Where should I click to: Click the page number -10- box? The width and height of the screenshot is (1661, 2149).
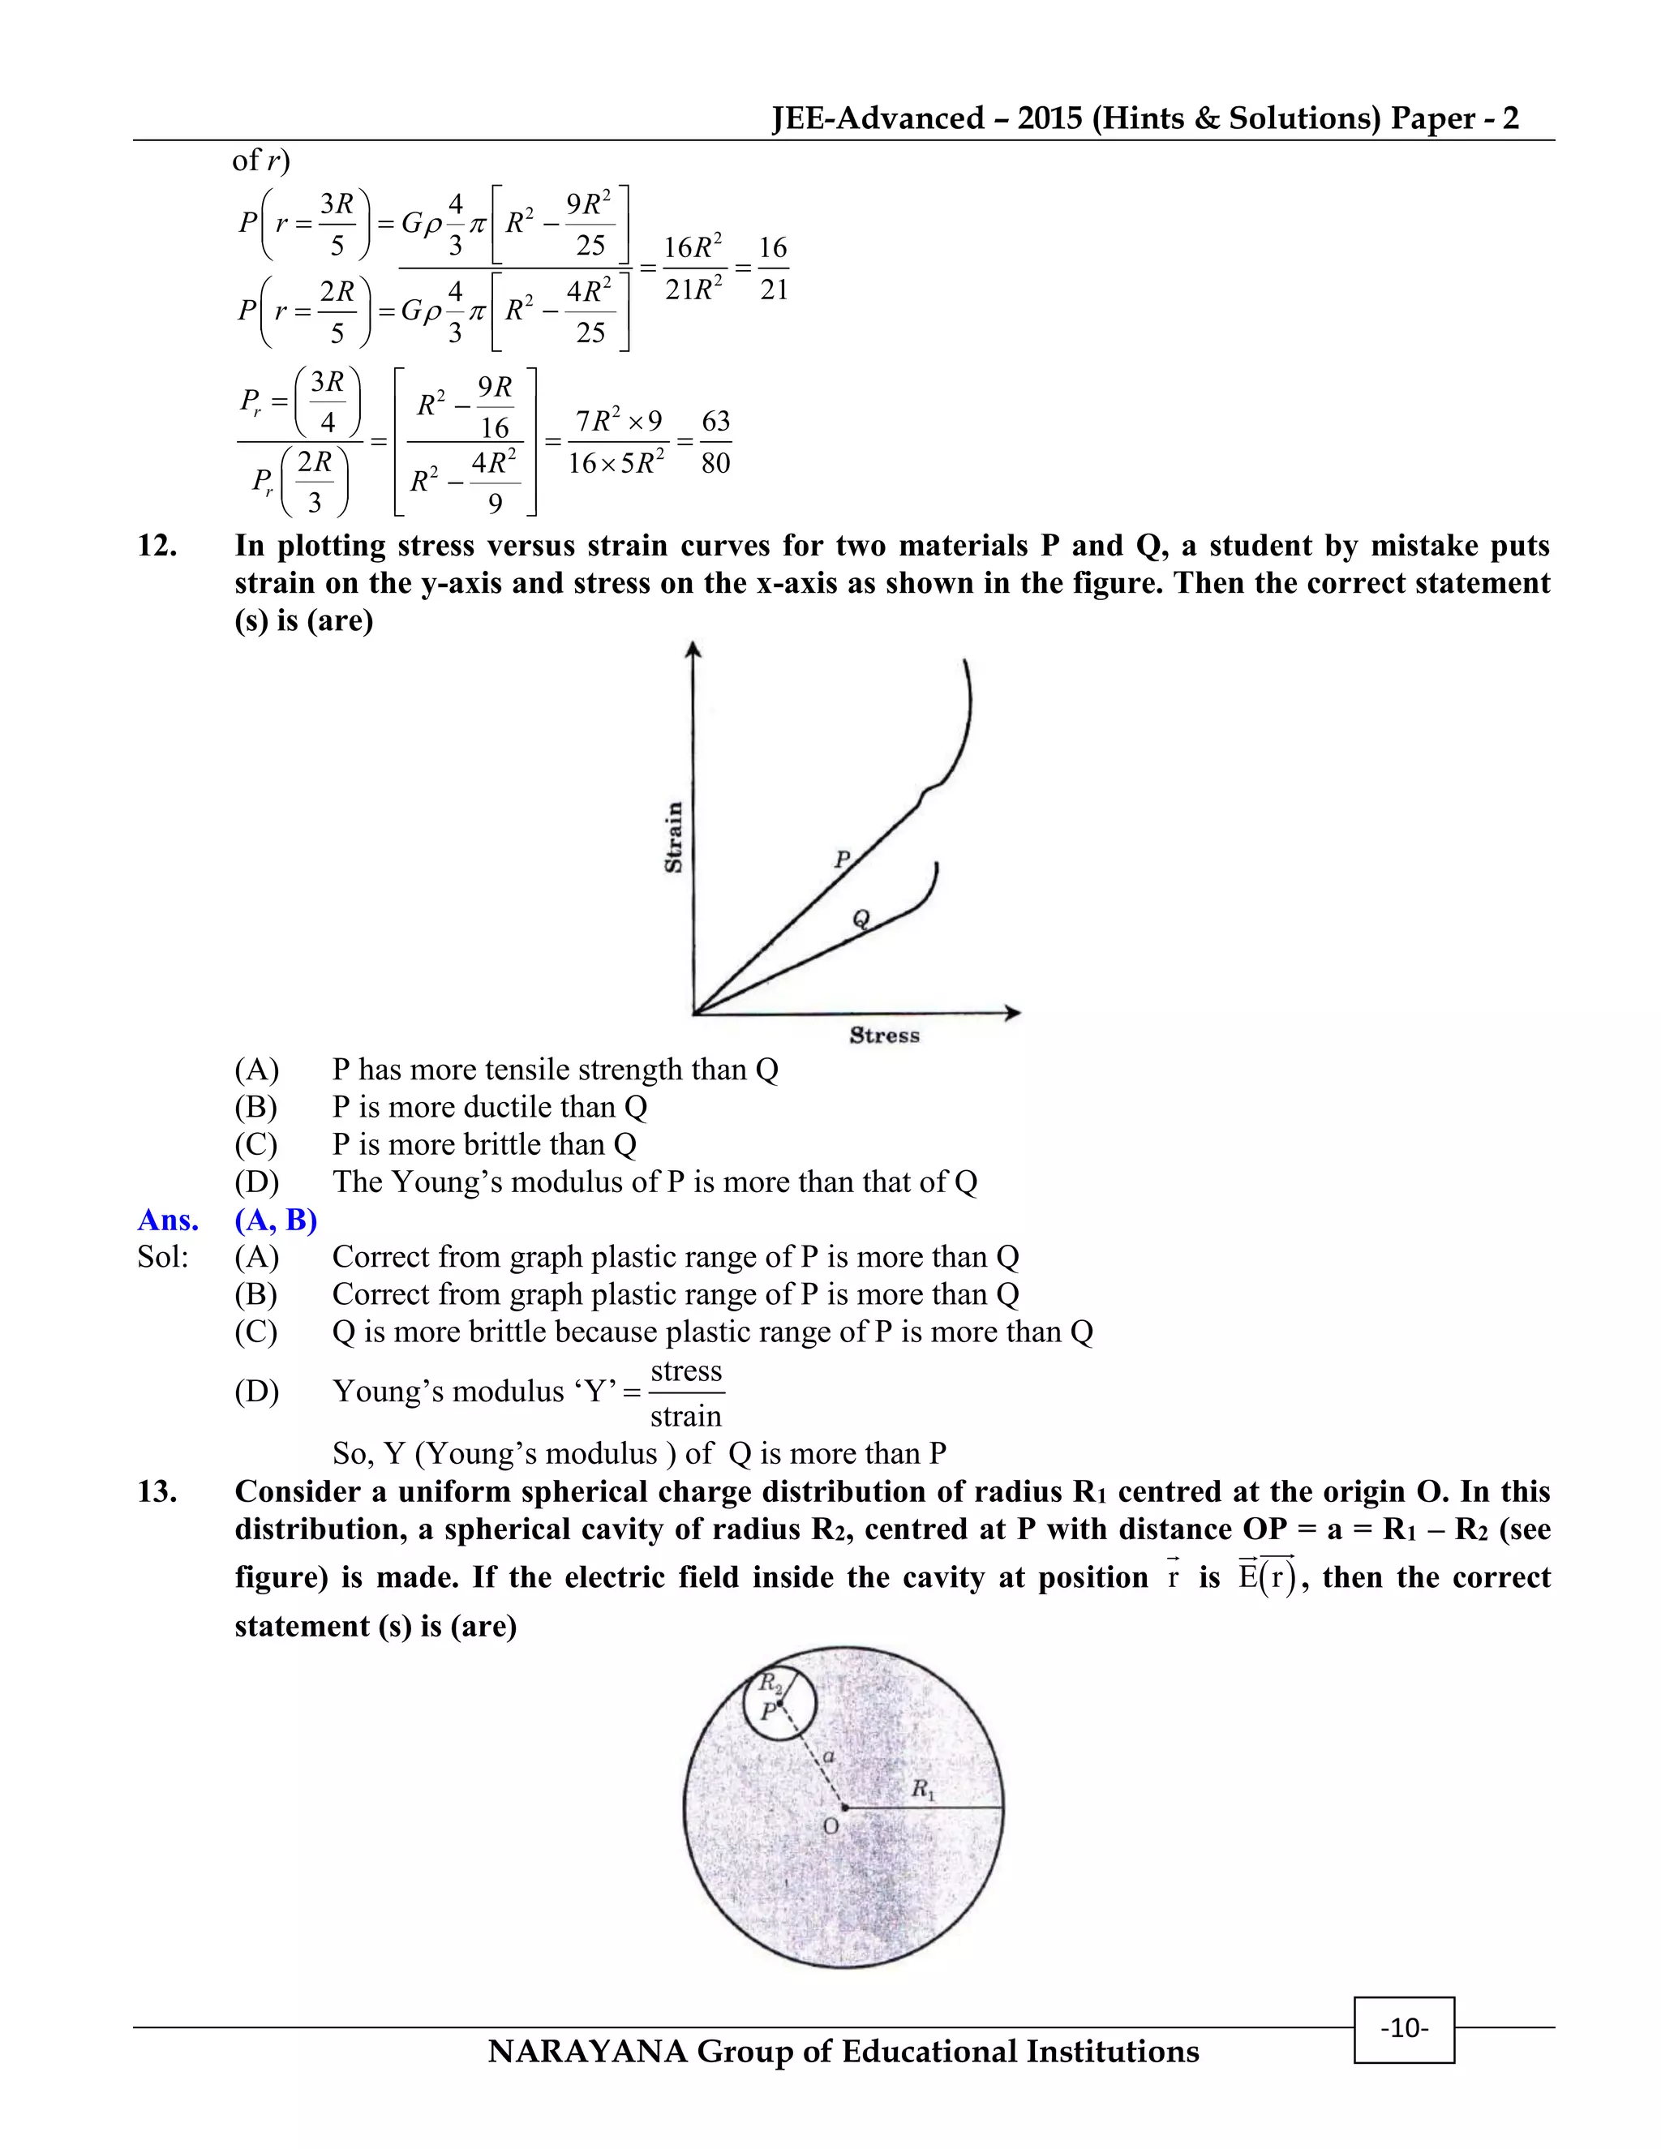1403,2028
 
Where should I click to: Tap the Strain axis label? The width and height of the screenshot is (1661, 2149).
674,838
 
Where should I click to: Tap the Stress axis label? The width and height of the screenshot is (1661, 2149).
884,1035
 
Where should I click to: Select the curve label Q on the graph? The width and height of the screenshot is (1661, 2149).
861,919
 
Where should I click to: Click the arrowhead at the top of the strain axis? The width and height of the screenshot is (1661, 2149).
693,649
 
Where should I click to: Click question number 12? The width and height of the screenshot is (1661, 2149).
157,545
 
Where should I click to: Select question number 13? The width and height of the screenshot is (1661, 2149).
157,1491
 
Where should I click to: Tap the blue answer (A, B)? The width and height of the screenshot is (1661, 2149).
276,1220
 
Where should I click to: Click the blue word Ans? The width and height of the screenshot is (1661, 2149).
167,1220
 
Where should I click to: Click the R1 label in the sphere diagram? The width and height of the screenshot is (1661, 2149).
922,1789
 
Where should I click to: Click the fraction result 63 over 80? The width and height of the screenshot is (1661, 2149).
715,442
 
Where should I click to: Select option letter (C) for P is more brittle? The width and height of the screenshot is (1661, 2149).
255,1144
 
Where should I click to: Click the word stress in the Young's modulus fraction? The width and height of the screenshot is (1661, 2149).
686,1370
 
